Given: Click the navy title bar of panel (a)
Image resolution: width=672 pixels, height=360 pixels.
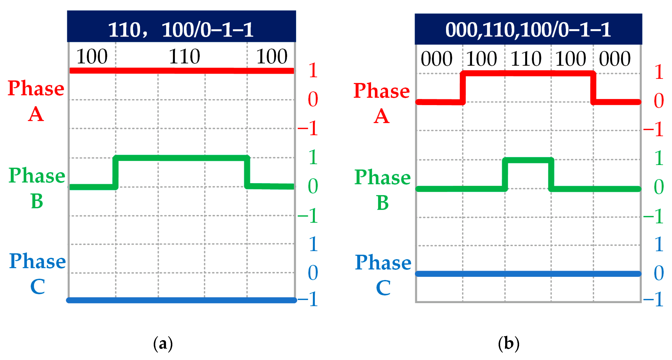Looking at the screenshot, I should click(x=181, y=26).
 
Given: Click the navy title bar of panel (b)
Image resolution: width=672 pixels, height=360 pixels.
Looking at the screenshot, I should click(x=528, y=29).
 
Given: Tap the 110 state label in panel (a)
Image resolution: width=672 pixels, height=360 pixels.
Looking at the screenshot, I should click(x=184, y=57).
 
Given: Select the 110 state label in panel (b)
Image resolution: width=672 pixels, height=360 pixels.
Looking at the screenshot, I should click(x=526, y=59).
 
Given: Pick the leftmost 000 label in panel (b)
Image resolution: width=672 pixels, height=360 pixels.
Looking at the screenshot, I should click(x=437, y=59).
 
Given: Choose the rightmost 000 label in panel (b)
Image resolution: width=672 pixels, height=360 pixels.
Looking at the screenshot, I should click(x=615, y=59).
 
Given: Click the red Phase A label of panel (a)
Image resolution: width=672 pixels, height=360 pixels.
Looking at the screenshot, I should click(x=36, y=101).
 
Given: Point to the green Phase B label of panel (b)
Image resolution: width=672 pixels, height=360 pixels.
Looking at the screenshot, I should click(x=382, y=189).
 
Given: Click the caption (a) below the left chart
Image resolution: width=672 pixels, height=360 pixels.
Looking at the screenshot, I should click(x=163, y=344).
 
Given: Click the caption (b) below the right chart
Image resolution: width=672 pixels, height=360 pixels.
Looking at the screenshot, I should click(x=509, y=344).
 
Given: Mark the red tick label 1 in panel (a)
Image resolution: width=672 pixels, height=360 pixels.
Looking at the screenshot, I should click(x=313, y=70).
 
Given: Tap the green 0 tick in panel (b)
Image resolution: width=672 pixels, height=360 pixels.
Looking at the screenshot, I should click(x=659, y=187).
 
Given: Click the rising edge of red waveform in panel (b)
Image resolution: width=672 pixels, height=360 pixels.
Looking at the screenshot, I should click(x=463, y=88).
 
